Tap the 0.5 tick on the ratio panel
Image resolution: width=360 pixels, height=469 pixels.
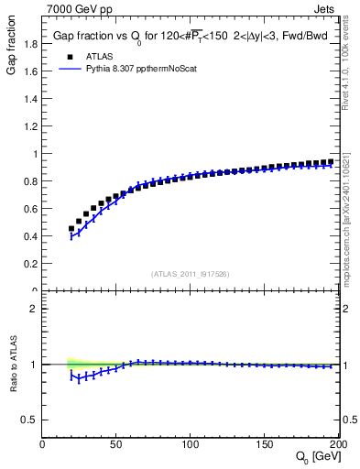(30, 420)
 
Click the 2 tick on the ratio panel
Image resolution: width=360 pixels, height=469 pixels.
(34, 309)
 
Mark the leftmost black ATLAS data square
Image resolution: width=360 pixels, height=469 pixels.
(71, 229)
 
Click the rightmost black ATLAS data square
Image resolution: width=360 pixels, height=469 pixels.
(331, 162)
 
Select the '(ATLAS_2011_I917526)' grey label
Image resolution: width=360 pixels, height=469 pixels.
(191, 273)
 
